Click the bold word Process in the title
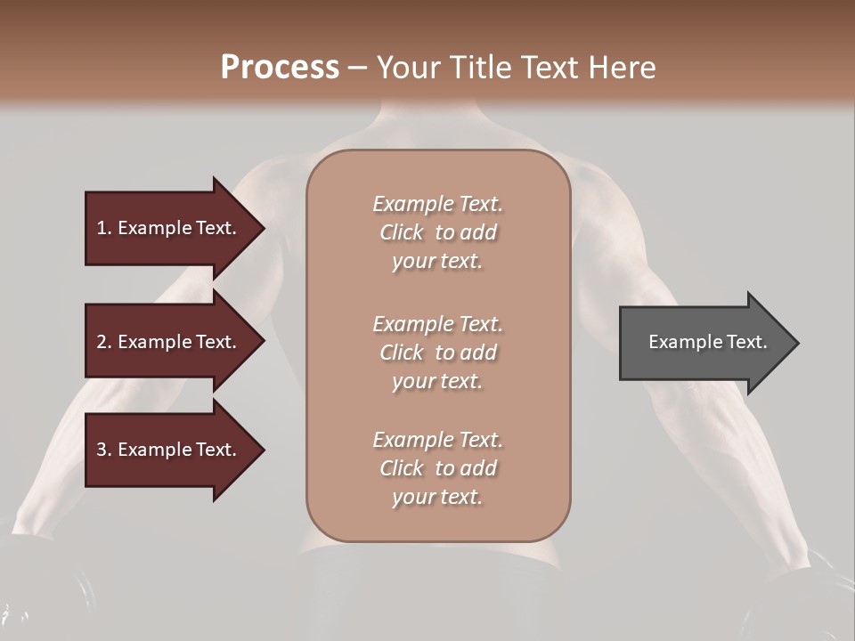[280, 68]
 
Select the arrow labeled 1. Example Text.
[169, 228]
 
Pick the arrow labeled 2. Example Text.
[169, 342]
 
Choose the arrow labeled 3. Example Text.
[169, 450]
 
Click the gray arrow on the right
[704, 342]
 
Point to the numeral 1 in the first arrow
[102, 228]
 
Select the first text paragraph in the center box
[437, 232]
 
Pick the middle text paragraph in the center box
[437, 353]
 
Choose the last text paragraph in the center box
[437, 468]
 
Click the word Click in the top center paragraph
[401, 232]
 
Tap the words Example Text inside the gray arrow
[707, 342]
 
